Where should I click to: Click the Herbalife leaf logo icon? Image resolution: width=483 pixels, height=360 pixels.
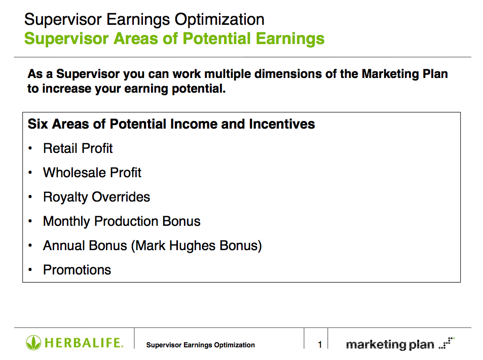pyautogui.click(x=33, y=342)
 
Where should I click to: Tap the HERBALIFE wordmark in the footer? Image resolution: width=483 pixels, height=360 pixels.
pyautogui.click(x=84, y=343)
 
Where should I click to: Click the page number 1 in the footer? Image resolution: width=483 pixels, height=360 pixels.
pyautogui.click(x=320, y=345)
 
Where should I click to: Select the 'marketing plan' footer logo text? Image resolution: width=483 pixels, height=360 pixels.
pyautogui.click(x=390, y=345)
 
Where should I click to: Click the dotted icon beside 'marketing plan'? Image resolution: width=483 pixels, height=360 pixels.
pyautogui.click(x=447, y=343)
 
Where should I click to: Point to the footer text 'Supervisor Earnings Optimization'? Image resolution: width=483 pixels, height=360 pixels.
pyautogui.click(x=201, y=345)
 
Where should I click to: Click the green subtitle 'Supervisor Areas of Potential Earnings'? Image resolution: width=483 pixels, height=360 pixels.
pyautogui.click(x=174, y=39)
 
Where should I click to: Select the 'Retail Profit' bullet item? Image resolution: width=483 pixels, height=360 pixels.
pyautogui.click(x=78, y=148)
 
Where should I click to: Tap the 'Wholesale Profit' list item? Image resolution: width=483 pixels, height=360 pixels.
pyautogui.click(x=92, y=173)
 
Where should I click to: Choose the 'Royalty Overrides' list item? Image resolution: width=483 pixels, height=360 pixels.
pyautogui.click(x=96, y=197)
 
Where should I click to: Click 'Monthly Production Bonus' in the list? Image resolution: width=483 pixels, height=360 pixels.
pyautogui.click(x=122, y=222)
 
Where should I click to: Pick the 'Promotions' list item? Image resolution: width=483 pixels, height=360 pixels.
pyautogui.click(x=77, y=270)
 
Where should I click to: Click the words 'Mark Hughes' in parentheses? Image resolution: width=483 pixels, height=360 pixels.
pyautogui.click(x=175, y=246)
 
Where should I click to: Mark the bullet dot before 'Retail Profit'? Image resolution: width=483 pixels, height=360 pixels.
pyautogui.click(x=30, y=149)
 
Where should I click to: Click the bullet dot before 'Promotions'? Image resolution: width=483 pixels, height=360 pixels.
pyautogui.click(x=30, y=270)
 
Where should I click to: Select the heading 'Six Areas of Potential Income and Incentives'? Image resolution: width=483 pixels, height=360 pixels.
pyautogui.click(x=171, y=124)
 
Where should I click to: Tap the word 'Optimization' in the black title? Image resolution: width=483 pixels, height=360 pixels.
pyautogui.click(x=219, y=20)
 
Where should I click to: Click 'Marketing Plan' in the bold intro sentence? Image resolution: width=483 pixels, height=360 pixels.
pyautogui.click(x=405, y=74)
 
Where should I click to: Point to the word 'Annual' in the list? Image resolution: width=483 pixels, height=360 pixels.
pyautogui.click(x=64, y=246)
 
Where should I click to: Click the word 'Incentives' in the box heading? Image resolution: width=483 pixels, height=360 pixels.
pyautogui.click(x=282, y=124)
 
